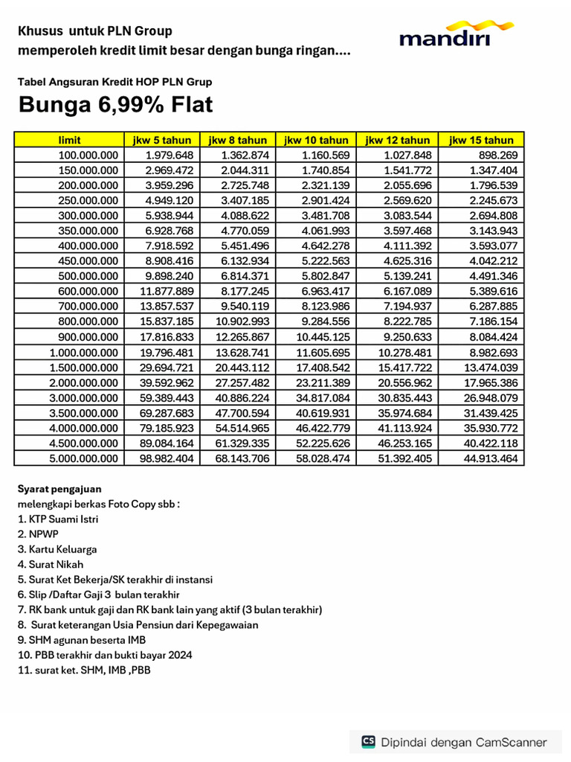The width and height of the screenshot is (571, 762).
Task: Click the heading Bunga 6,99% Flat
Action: tap(115, 105)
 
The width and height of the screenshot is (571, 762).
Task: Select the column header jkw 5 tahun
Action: tap(162, 140)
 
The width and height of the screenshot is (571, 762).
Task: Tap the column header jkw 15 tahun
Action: tap(481, 140)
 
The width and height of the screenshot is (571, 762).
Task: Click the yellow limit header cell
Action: tap(69, 140)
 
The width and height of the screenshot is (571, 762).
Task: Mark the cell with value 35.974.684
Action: tap(405, 412)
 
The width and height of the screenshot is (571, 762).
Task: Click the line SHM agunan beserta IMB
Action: tap(81, 640)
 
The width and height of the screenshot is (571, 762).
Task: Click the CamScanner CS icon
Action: tap(368, 742)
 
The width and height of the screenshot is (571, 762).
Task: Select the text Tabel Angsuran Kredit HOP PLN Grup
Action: tap(115, 82)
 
